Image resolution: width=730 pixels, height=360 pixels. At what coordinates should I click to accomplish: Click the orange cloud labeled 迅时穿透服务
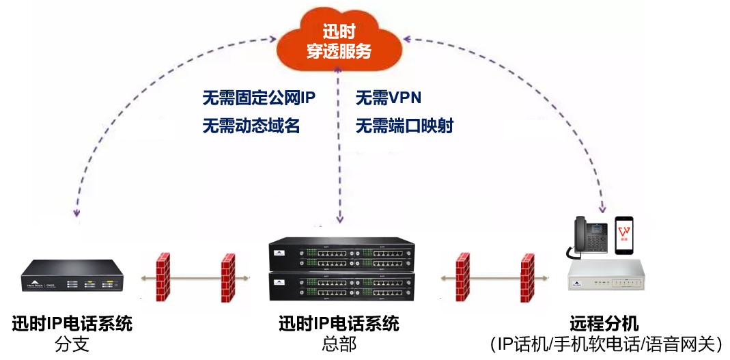(x=339, y=42)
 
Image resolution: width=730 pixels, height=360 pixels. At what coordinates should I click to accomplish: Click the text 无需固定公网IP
(x=259, y=98)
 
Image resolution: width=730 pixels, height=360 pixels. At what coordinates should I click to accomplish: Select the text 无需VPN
(x=388, y=98)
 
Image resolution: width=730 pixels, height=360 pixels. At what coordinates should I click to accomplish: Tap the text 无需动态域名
(x=251, y=126)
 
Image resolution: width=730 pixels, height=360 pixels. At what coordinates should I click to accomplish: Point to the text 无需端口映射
(x=404, y=126)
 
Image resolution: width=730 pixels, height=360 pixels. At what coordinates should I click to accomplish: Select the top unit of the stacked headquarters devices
(x=341, y=253)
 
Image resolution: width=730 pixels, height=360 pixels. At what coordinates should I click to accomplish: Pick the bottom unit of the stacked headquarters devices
(x=341, y=288)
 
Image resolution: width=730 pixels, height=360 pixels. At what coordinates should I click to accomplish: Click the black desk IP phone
(x=589, y=238)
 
